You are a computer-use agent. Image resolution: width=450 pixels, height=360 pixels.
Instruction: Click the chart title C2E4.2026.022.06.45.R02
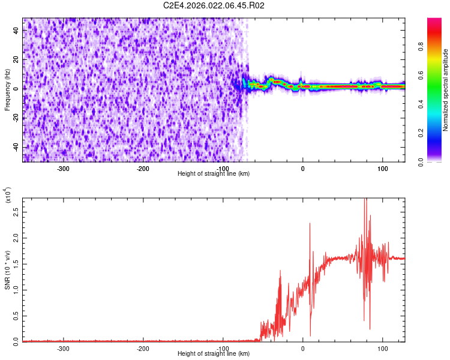214,5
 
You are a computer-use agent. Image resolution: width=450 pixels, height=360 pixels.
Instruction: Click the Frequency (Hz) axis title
7,90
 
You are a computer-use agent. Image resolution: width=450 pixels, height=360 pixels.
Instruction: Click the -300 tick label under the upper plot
63,168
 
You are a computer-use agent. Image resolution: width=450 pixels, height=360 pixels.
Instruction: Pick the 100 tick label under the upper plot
382,168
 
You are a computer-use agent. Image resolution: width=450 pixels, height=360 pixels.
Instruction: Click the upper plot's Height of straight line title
214,174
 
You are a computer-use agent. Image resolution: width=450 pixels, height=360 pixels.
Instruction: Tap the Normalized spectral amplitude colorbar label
446,90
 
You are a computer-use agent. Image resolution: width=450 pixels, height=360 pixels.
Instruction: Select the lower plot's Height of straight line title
214,354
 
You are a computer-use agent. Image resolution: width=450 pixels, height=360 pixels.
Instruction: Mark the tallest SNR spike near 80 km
365,200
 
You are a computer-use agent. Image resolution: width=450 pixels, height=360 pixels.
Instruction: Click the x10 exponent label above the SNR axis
8,195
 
